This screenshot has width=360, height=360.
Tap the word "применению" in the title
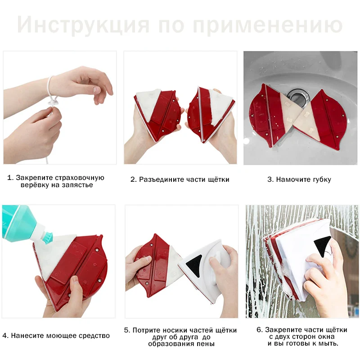coord(268,25)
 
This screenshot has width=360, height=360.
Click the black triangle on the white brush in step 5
coord(194,263)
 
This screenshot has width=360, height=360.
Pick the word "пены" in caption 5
coord(206,344)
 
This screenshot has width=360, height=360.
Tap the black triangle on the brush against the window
coord(321,247)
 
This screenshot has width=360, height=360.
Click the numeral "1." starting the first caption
coord(10,178)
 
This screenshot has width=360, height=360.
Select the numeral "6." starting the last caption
coord(260,330)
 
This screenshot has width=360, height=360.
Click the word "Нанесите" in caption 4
coord(27,336)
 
